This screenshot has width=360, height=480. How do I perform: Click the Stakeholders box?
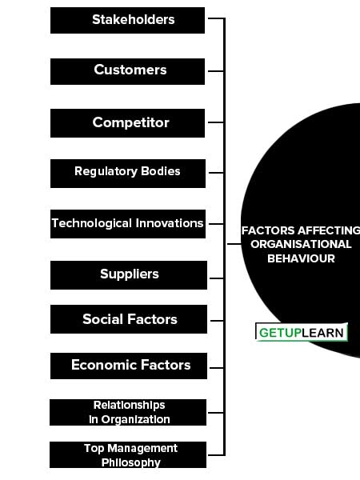click(127, 20)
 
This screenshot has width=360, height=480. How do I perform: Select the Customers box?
click(127, 71)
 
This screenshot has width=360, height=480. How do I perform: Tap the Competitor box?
click(127, 123)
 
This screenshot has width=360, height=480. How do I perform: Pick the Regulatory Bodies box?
click(128, 174)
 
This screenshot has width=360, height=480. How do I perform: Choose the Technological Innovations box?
click(128, 224)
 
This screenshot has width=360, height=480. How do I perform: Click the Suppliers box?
click(129, 275)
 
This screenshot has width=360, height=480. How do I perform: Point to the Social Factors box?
click(129, 319)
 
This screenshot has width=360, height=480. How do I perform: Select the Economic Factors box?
click(129, 366)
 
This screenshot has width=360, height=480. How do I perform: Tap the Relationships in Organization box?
click(128, 412)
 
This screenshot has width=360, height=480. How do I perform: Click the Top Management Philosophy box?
click(128, 454)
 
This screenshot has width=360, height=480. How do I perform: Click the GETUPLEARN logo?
click(302, 332)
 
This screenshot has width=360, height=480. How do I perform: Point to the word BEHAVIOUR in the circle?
click(302, 258)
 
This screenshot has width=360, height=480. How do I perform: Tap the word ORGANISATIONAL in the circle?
click(301, 244)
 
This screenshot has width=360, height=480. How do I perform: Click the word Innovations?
click(170, 223)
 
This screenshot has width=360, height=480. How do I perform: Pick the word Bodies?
click(161, 171)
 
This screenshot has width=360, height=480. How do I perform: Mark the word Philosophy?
click(131, 462)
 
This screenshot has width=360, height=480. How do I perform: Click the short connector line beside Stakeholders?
click(216, 18)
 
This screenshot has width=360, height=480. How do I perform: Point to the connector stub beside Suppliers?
click(217, 278)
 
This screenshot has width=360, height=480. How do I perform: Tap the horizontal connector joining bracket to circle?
click(234, 244)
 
